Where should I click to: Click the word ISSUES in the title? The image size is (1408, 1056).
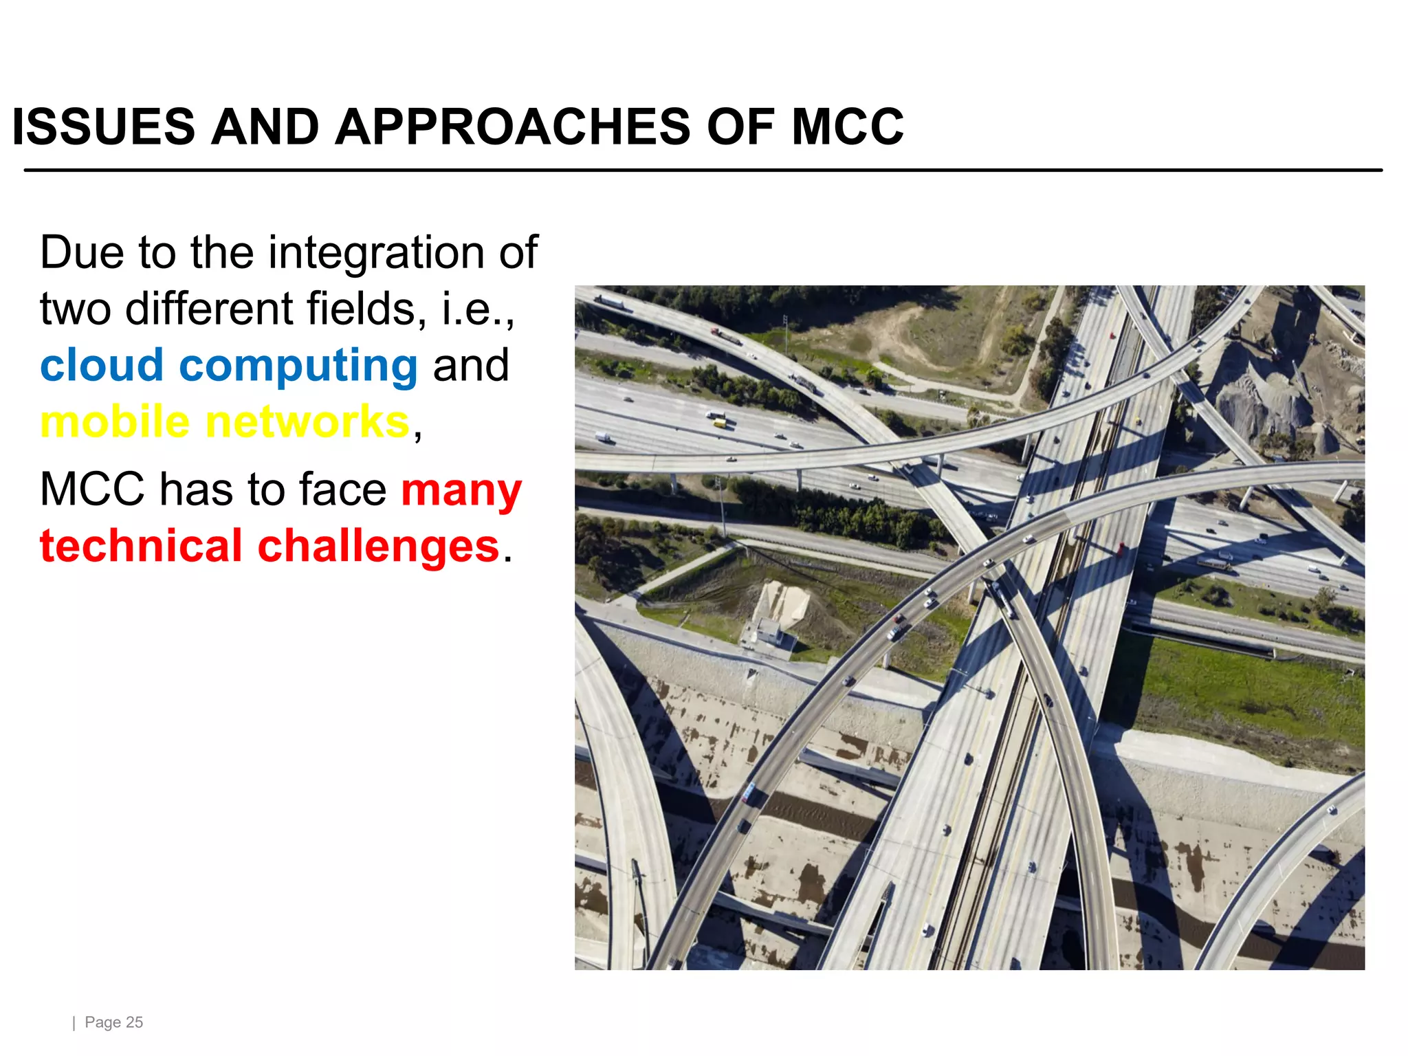(104, 127)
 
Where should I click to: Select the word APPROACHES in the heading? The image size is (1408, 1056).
(513, 127)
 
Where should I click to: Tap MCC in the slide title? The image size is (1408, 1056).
(847, 127)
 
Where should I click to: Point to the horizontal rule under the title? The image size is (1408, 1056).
(703, 170)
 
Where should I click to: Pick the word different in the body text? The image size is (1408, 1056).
(210, 309)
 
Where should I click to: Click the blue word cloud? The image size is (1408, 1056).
(102, 364)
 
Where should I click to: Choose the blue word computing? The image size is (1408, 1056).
(298, 366)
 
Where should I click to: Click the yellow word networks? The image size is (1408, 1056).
(307, 421)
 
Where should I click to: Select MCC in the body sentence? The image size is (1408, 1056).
(92, 489)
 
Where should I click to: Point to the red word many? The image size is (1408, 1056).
(461, 491)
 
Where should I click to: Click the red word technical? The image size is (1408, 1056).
(141, 546)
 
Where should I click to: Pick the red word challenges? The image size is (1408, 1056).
(378, 546)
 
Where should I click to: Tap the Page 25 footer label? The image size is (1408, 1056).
(113, 1022)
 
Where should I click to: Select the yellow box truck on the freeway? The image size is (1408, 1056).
(717, 419)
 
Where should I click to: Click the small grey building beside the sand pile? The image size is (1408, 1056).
(767, 632)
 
